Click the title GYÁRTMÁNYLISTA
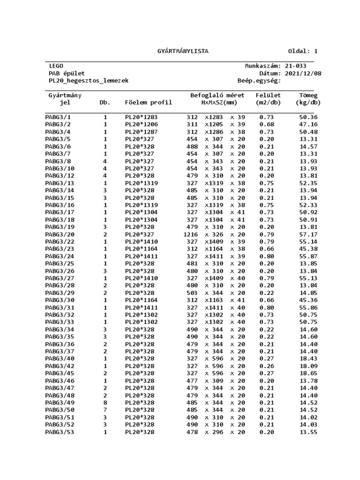pyautogui.click(x=182, y=51)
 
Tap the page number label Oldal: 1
pyautogui.click(x=303, y=51)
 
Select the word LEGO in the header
pyautogui.click(x=56, y=66)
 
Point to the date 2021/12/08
pyautogui.click(x=303, y=74)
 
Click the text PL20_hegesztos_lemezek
pyautogui.click(x=89, y=81)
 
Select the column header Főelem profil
pyautogui.click(x=149, y=102)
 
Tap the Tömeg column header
pyautogui.click(x=308, y=95)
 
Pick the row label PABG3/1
pyautogui.click(x=58, y=117)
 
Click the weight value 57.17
pyautogui.click(x=308, y=234)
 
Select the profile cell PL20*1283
pyautogui.click(x=141, y=117)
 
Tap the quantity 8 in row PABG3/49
pyautogui.click(x=105, y=402)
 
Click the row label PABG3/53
pyautogui.click(x=60, y=432)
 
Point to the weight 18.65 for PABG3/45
pyautogui.click(x=308, y=373)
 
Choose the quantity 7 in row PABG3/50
pyautogui.click(x=105, y=410)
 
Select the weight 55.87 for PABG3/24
pyautogui.click(x=308, y=256)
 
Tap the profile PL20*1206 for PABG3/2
pyautogui.click(x=141, y=124)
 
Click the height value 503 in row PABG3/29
pyautogui.click(x=192, y=292)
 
